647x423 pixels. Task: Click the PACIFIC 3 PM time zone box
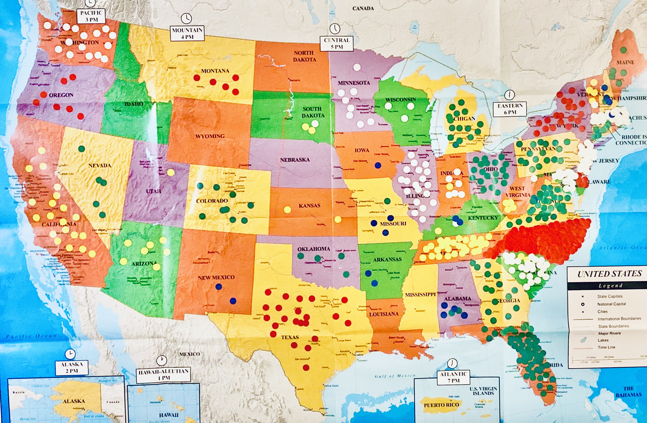[x=91, y=16]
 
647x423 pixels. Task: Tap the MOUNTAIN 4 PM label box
[x=187, y=33]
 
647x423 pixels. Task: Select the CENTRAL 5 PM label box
[x=337, y=43]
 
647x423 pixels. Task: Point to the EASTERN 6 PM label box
[x=510, y=109]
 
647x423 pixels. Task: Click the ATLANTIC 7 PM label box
[x=454, y=377]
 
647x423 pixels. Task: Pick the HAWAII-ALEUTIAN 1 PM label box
[x=164, y=375]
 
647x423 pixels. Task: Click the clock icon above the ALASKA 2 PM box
[x=70, y=354]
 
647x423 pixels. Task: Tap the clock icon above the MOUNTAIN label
[x=186, y=18]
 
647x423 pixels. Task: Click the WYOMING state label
[x=210, y=136]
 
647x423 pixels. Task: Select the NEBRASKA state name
[x=295, y=160]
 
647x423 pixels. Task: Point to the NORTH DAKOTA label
[x=304, y=56]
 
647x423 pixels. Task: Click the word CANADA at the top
[x=363, y=8]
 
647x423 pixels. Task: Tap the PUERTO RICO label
[x=441, y=405]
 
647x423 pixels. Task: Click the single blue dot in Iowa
[x=377, y=165]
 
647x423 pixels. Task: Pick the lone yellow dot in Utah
[x=171, y=172]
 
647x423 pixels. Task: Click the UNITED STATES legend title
[x=610, y=274]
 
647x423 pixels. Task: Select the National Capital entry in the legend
[x=611, y=304]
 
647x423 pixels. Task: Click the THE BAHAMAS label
[x=629, y=391]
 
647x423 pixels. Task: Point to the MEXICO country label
[x=189, y=354]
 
